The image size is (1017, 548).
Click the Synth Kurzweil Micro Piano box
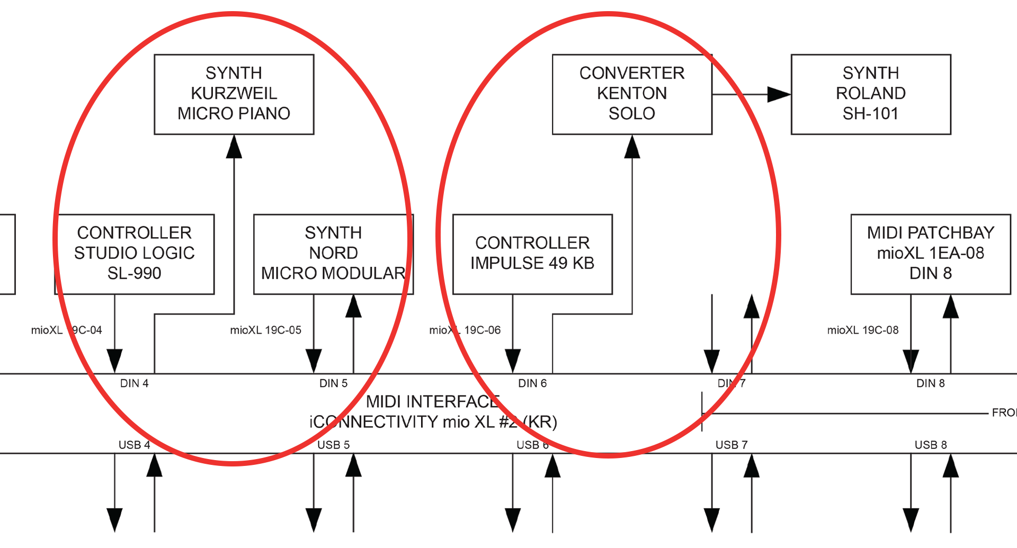tap(234, 94)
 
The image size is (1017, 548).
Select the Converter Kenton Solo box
tap(631, 94)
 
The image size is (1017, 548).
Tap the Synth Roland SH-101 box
tap(870, 94)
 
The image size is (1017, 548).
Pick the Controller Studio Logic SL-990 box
tap(134, 254)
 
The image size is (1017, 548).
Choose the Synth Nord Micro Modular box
tap(333, 254)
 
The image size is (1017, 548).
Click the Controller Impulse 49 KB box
tap(532, 254)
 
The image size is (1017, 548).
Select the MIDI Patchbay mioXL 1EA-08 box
tap(930, 254)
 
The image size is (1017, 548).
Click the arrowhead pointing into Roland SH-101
tap(779, 94)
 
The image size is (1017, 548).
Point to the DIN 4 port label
tap(134, 383)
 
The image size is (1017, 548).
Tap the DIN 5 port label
tap(333, 383)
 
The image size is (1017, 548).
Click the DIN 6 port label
tap(532, 383)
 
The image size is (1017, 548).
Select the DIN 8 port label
tap(930, 383)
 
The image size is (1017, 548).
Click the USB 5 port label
tap(333, 445)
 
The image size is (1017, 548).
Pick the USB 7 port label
tap(731, 445)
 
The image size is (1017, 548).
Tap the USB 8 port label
tap(930, 445)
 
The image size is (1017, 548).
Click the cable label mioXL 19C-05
tap(265, 330)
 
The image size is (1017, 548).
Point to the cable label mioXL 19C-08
tap(863, 330)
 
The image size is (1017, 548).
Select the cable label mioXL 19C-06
tap(465, 330)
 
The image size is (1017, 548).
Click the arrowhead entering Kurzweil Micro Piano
tap(234, 147)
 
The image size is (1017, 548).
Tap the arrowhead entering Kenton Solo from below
tap(632, 147)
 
